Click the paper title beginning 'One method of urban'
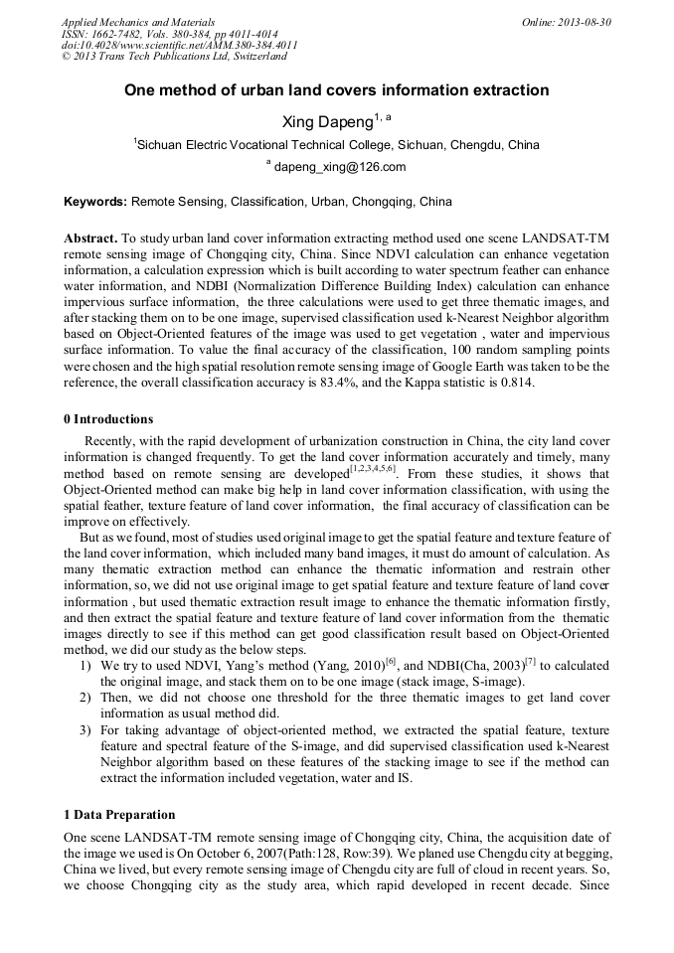[x=336, y=90]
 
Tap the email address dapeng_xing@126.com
[x=340, y=167]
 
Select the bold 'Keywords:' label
[x=95, y=202]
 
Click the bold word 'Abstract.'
[x=90, y=239]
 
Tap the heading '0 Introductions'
[x=107, y=418]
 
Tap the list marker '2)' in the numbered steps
[x=86, y=699]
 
